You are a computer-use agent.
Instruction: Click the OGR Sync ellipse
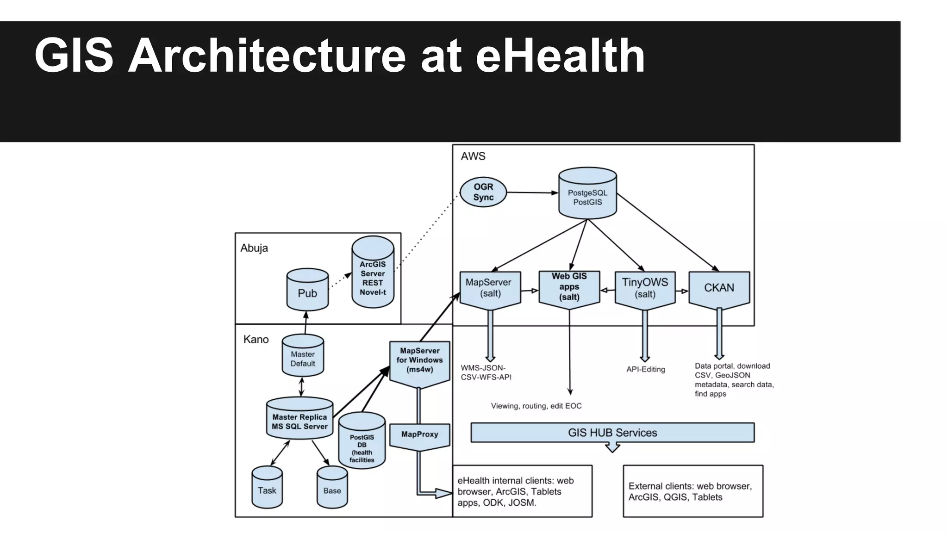click(483, 192)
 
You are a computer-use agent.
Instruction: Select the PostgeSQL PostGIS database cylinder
click(587, 194)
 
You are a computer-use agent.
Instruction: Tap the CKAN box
click(719, 288)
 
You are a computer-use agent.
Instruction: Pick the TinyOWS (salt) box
click(645, 288)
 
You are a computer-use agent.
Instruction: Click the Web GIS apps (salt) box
click(569, 287)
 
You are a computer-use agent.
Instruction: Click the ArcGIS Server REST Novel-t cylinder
click(373, 276)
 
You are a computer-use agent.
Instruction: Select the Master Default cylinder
click(303, 357)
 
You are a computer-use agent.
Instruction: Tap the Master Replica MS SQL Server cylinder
click(299, 420)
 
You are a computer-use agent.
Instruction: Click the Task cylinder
click(267, 489)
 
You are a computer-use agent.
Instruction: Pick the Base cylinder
click(332, 489)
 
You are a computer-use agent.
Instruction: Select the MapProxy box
click(419, 435)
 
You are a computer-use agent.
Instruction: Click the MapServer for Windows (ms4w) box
click(419, 361)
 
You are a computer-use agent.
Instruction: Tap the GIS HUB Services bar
click(612, 433)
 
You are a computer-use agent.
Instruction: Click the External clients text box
click(692, 491)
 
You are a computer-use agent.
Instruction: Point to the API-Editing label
click(645, 369)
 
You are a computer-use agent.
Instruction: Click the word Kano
click(256, 340)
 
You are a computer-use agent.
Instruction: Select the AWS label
click(473, 156)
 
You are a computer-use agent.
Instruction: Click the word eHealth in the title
click(560, 56)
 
